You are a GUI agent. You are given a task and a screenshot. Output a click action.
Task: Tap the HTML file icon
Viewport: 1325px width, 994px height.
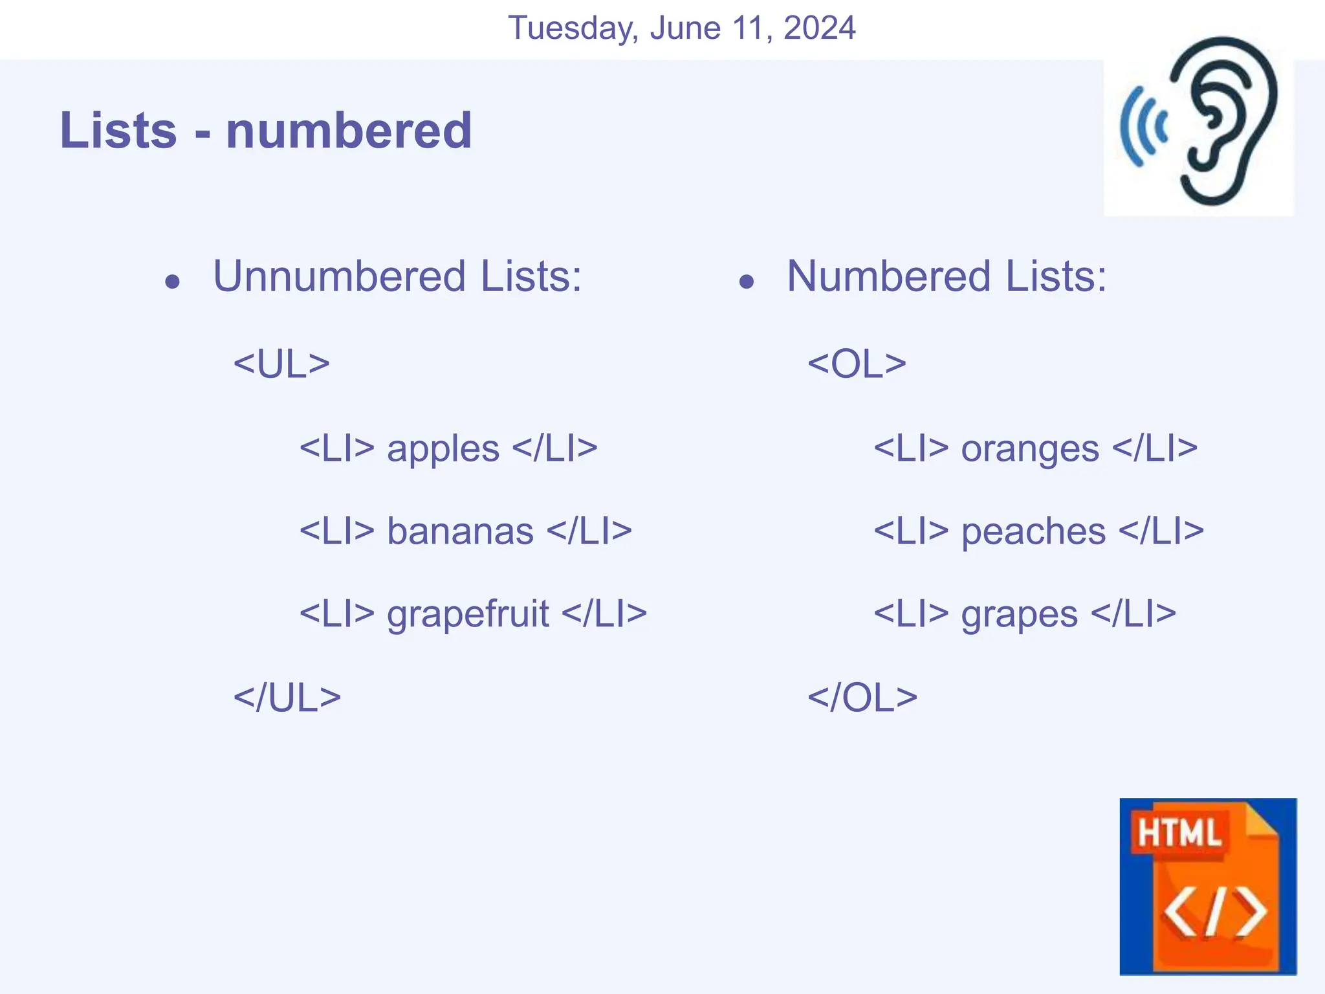(x=1208, y=886)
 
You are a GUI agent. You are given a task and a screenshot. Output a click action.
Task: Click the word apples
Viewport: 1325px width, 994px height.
(x=443, y=449)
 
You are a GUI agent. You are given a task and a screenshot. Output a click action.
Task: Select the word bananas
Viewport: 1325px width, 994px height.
(x=460, y=532)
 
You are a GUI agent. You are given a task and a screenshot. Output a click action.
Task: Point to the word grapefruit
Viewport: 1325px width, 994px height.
(x=468, y=615)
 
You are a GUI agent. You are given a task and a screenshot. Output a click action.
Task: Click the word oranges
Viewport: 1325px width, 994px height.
(x=1030, y=449)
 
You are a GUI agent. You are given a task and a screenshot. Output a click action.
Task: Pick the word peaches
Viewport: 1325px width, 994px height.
(x=1033, y=532)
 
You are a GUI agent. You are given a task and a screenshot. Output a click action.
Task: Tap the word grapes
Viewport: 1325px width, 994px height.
(x=1019, y=615)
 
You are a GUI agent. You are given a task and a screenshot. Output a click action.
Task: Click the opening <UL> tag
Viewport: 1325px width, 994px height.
(x=281, y=364)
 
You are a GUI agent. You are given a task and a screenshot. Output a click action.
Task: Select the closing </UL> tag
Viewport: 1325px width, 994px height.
(x=287, y=698)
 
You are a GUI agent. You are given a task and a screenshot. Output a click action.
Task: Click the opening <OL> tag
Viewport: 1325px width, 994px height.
(x=857, y=364)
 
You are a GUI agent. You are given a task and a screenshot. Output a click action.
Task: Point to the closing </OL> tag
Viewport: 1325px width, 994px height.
(x=862, y=698)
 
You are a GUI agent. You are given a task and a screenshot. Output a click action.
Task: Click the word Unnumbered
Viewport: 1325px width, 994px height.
(x=340, y=276)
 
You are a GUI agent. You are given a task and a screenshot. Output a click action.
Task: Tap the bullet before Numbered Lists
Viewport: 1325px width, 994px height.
(x=747, y=282)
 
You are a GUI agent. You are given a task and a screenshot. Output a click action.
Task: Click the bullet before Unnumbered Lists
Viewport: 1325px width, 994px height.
(x=172, y=282)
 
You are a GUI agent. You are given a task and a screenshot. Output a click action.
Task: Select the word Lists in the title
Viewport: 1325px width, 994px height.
(x=118, y=131)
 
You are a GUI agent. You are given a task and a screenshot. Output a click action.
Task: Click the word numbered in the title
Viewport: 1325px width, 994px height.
(x=349, y=131)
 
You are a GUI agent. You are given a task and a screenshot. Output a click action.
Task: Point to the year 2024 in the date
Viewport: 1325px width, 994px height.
(x=819, y=28)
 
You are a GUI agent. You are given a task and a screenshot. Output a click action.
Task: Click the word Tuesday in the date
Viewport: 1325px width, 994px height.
(x=573, y=28)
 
